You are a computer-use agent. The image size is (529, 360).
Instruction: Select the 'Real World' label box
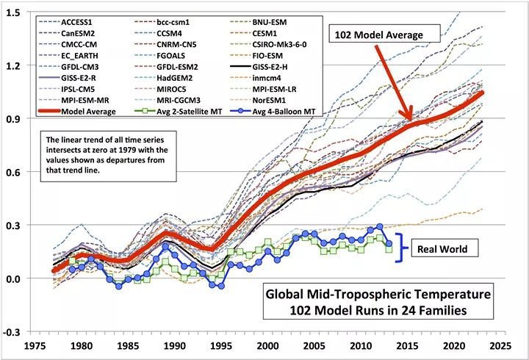[439, 249]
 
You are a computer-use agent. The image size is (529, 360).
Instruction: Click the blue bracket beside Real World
[402, 249]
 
